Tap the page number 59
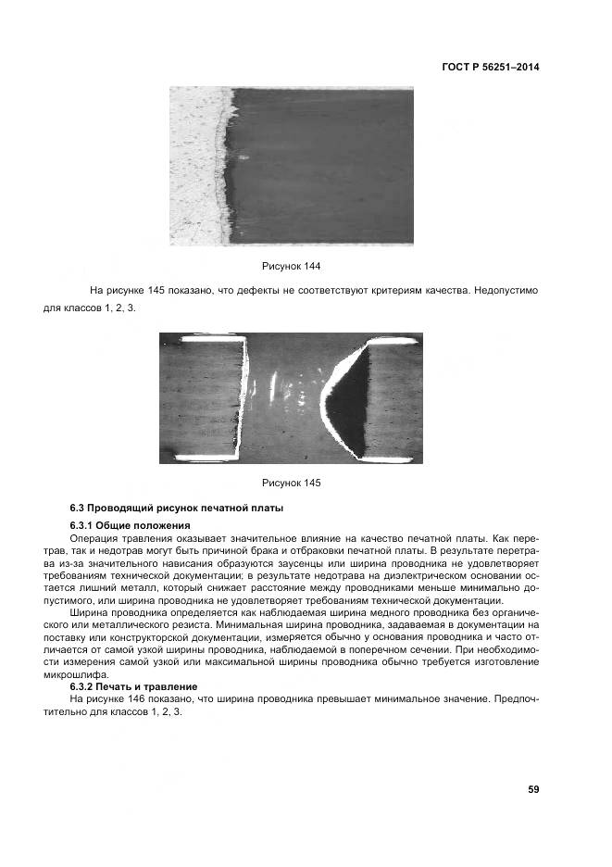coord(532,789)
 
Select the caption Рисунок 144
coord(291,267)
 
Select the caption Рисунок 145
coord(291,483)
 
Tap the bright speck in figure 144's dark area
coord(244,157)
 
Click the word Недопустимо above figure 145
coord(506,291)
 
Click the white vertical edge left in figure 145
coord(246,398)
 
